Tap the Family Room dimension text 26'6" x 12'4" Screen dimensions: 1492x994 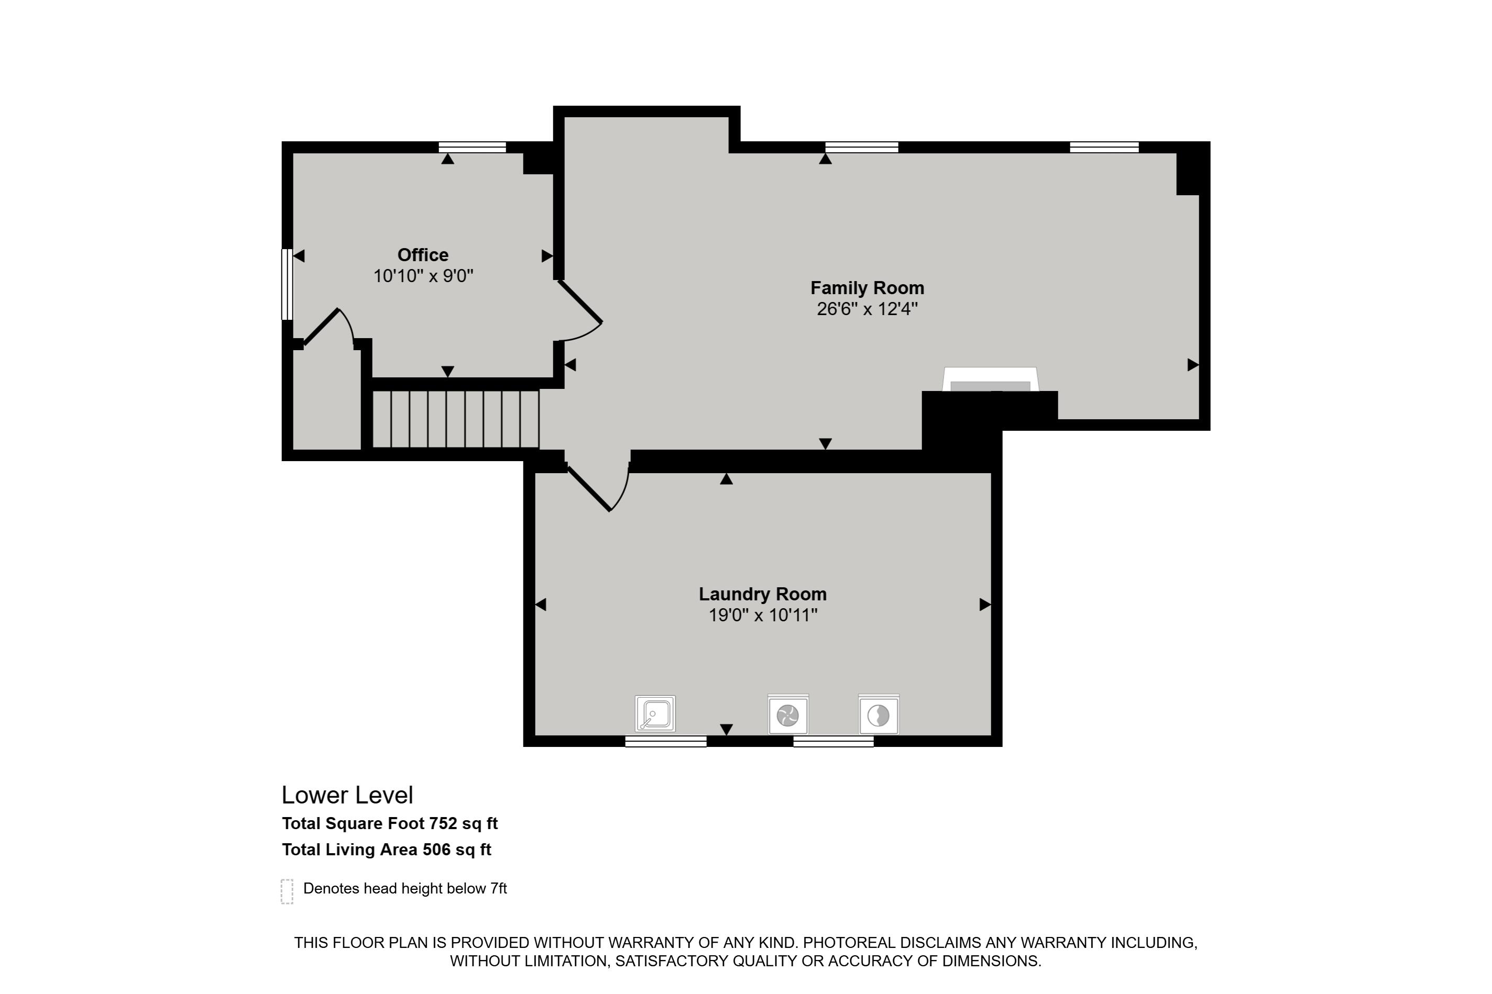pos(867,309)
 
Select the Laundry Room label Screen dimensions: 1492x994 pos(762,594)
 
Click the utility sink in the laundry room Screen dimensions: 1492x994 pos(655,714)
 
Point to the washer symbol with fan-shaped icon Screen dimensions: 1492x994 pos(788,715)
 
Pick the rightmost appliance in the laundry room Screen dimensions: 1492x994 pos(879,715)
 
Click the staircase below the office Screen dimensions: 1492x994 pos(455,420)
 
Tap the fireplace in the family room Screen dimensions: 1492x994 pos(990,379)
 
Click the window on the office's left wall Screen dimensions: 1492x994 pos(288,284)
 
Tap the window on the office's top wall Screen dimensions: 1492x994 pos(473,147)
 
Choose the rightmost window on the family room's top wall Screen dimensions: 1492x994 pos(1104,147)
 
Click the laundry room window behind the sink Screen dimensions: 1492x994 pos(666,741)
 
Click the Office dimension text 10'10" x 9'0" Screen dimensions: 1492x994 pos(423,276)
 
